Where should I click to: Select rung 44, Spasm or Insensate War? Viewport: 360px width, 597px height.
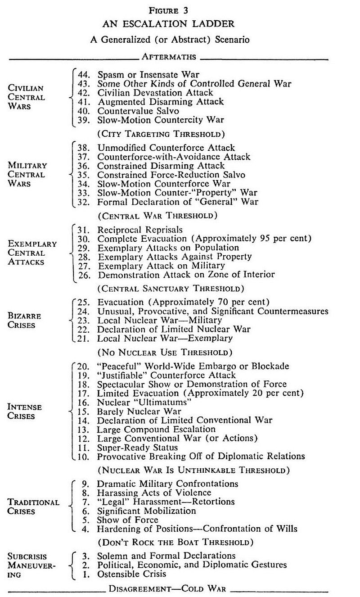(x=148, y=74)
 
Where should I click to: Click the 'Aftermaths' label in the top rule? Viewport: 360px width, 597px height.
(x=169, y=57)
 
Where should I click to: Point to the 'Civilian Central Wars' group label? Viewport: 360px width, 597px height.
(x=27, y=97)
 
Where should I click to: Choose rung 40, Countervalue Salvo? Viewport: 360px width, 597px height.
(x=138, y=111)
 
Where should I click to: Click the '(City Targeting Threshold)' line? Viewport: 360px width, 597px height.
(x=161, y=134)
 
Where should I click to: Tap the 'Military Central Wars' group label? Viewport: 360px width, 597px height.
(x=27, y=174)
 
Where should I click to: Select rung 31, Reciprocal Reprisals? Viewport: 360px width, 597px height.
(x=140, y=230)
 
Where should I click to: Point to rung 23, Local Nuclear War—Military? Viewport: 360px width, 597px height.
(x=160, y=320)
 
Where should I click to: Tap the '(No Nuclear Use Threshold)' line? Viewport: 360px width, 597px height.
(x=165, y=352)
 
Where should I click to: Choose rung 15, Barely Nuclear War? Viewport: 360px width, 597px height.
(x=139, y=411)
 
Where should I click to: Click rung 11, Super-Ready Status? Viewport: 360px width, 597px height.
(x=138, y=448)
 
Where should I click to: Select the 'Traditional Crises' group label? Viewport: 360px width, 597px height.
(x=33, y=507)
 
